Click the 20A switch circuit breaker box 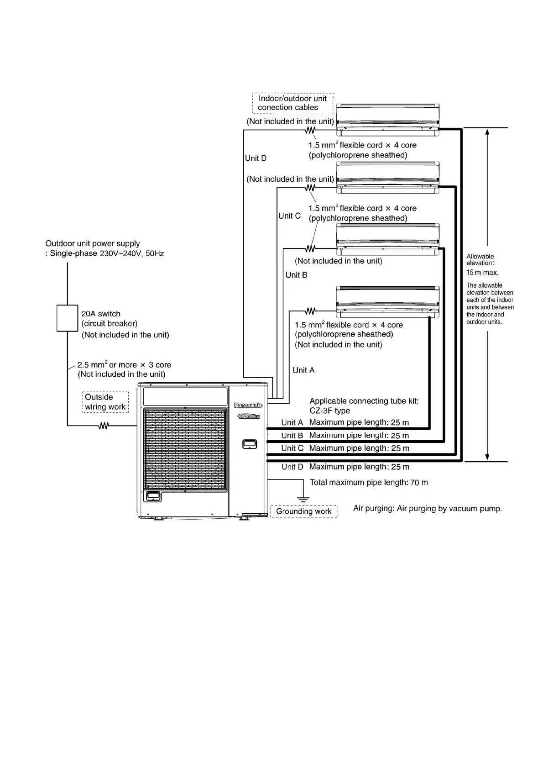coord(67,318)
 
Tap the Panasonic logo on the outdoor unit coord(248,405)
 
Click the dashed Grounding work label coord(304,511)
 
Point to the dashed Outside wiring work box coord(105,402)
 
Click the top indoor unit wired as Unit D coord(388,120)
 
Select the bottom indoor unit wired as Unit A coord(388,301)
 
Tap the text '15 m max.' coord(482,273)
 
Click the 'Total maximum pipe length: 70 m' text coord(369,482)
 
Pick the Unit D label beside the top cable coord(256,158)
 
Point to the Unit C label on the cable coord(289,216)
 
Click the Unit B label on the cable coord(296,275)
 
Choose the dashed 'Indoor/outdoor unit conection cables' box coord(292,103)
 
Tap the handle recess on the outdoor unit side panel coord(249,443)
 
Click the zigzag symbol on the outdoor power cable coord(104,426)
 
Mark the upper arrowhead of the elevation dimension coord(487,132)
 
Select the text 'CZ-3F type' coord(329,411)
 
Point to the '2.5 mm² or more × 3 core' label coord(124,365)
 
